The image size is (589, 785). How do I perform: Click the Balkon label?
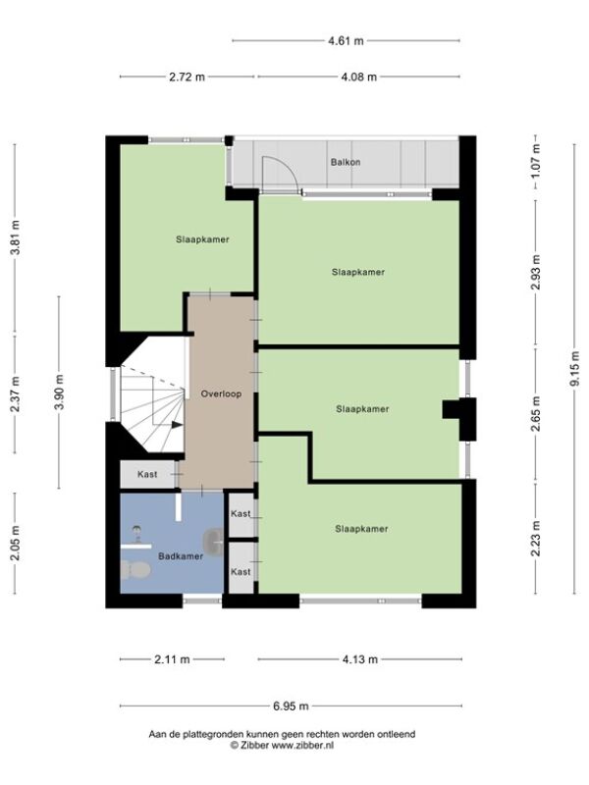pyautogui.click(x=346, y=162)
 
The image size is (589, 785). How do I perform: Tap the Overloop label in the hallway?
pyautogui.click(x=221, y=394)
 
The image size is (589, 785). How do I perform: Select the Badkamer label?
pyautogui.click(x=181, y=556)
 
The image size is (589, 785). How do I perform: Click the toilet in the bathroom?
pyautogui.click(x=135, y=570)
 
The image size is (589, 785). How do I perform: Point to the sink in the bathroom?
pyautogui.click(x=213, y=542)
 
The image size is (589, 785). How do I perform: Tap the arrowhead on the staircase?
pyautogui.click(x=177, y=425)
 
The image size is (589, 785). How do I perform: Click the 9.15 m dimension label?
pyautogui.click(x=574, y=369)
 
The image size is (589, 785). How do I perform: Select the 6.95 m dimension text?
pyautogui.click(x=291, y=706)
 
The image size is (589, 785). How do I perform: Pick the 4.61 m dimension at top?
pyautogui.click(x=346, y=41)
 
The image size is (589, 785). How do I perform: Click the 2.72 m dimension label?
pyautogui.click(x=187, y=78)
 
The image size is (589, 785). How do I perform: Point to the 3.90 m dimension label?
pyautogui.click(x=59, y=392)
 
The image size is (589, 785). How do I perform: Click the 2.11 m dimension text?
pyautogui.click(x=172, y=659)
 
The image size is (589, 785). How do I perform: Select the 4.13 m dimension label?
pyautogui.click(x=359, y=659)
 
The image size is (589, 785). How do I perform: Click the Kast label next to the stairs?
pyautogui.click(x=147, y=474)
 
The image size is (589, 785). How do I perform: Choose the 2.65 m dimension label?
pyautogui.click(x=535, y=413)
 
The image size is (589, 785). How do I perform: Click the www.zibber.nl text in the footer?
pyautogui.click(x=302, y=746)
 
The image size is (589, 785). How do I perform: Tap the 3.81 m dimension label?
pyautogui.click(x=15, y=237)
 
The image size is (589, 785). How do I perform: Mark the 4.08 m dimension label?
pyautogui.click(x=358, y=78)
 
